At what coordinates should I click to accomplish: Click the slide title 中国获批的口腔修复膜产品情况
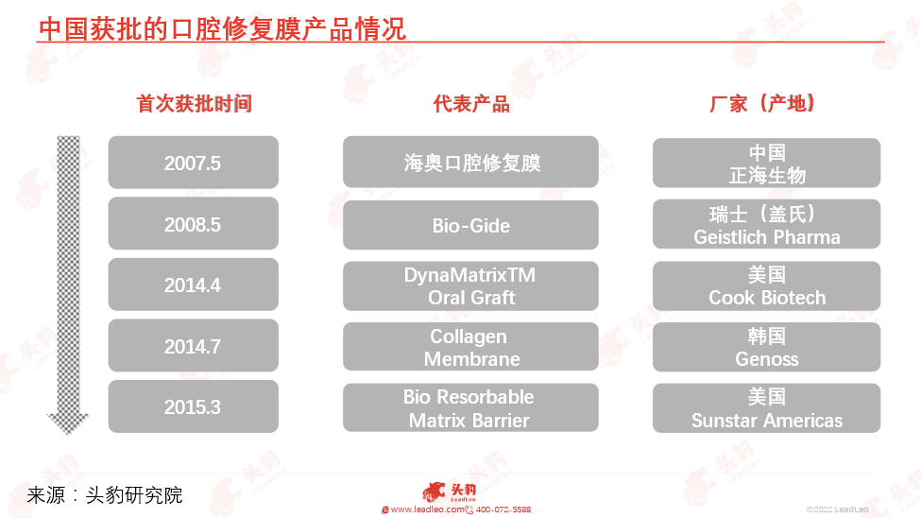(222, 29)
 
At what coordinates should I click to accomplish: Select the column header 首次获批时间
(194, 103)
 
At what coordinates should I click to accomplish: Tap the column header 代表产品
(471, 103)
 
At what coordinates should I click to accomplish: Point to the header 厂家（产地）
(762, 103)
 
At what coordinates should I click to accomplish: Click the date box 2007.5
(194, 163)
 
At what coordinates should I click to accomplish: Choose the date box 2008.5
(194, 223)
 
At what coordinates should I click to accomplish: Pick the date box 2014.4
(194, 285)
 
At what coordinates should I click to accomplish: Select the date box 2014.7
(194, 346)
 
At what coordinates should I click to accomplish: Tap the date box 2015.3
(194, 406)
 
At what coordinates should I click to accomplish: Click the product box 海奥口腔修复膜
(470, 163)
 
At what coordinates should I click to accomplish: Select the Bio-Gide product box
(470, 225)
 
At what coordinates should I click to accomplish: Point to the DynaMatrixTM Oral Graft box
(470, 285)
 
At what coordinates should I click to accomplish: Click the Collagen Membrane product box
(470, 347)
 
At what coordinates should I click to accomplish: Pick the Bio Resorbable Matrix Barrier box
(470, 408)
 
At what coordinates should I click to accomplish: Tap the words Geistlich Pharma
(766, 237)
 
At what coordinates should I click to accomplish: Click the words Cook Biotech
(766, 298)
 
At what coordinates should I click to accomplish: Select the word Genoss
(766, 358)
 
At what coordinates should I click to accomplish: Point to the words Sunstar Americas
(766, 421)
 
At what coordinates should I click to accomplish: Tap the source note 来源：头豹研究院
(105, 495)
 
